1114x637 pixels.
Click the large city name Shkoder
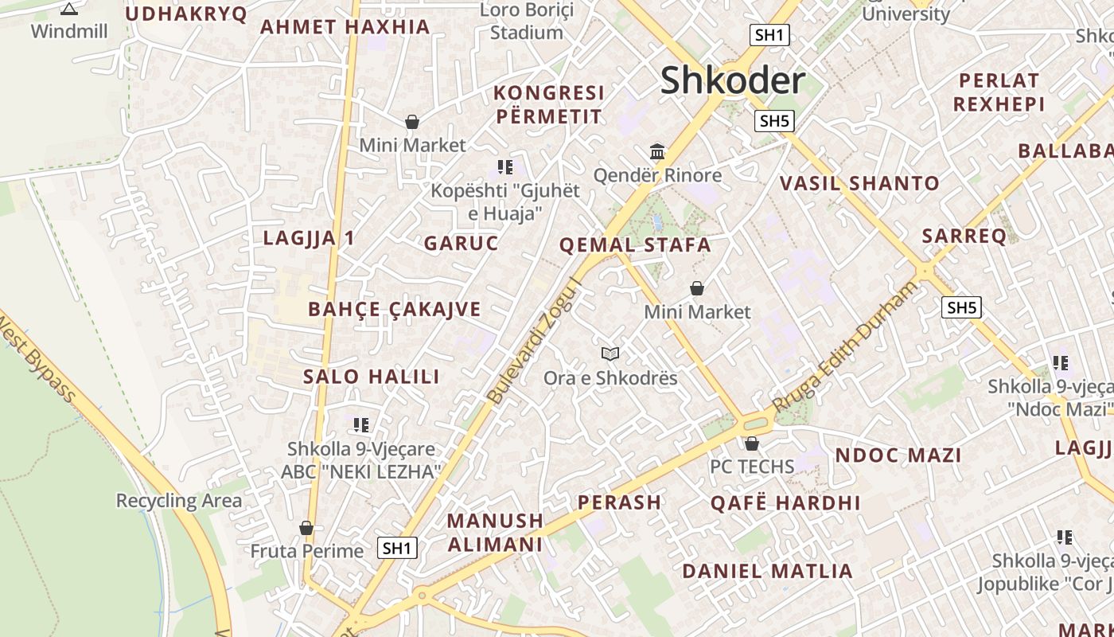[x=732, y=80]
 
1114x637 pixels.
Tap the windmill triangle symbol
[x=69, y=10]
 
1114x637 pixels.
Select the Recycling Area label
[x=178, y=501]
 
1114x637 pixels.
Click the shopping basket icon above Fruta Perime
[x=306, y=528]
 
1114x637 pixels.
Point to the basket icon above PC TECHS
[x=752, y=444]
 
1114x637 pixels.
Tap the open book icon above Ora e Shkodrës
[x=610, y=354]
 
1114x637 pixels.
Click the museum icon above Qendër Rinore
[x=657, y=151]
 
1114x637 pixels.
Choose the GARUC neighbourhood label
[x=461, y=244]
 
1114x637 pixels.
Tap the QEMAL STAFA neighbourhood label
[x=635, y=245]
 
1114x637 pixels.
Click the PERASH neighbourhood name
[x=619, y=502]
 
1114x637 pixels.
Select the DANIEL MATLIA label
[x=767, y=571]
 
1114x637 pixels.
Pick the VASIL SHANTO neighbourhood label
[x=859, y=184]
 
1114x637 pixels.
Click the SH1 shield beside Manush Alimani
[x=396, y=548]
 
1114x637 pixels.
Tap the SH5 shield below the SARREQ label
[x=961, y=307]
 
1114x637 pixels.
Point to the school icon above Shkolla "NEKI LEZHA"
[x=361, y=425]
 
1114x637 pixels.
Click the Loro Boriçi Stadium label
[x=526, y=21]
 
